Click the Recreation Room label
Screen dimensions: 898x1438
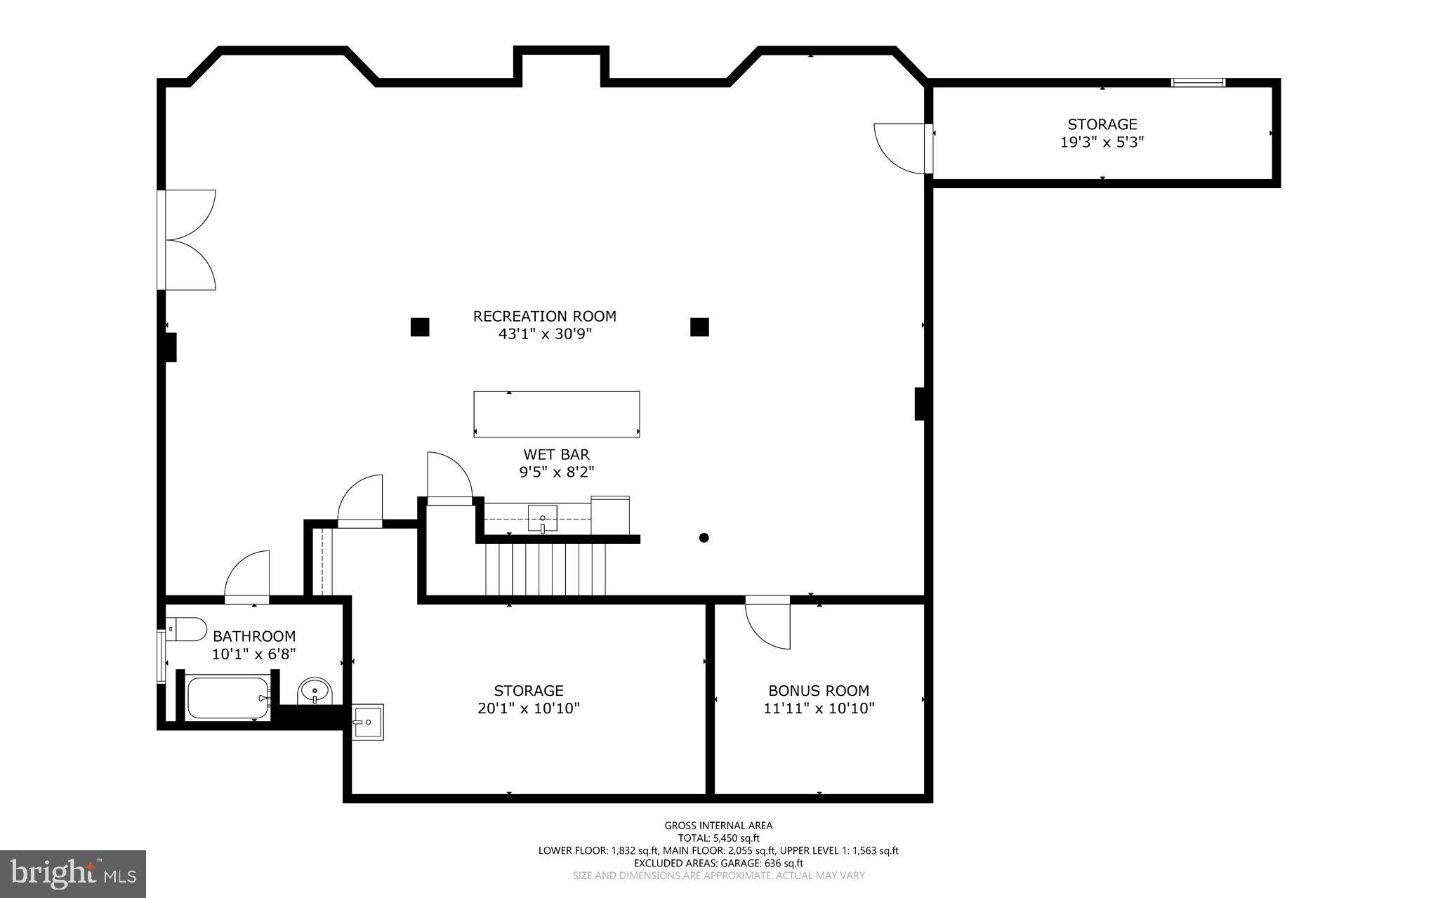coord(544,316)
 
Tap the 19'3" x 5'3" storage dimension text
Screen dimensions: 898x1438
coord(1102,142)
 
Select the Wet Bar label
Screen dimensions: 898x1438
coord(556,454)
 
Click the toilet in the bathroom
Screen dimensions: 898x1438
coord(187,629)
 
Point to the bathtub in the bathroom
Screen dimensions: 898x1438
coord(227,697)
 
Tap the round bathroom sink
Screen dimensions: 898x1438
coord(314,691)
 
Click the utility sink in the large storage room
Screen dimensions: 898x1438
coord(367,721)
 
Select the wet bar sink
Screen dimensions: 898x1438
coord(542,518)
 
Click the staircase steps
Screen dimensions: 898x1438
coord(545,569)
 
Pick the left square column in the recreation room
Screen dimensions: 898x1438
coord(420,327)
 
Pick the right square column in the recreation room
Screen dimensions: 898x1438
coord(699,327)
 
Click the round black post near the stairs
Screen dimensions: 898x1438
coord(704,538)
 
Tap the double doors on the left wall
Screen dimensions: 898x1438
coord(188,239)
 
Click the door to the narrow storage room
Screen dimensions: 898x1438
coord(902,147)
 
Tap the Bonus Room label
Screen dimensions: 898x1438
coord(818,690)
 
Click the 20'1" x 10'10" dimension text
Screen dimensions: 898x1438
coord(528,708)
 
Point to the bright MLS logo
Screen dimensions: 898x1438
coord(72,873)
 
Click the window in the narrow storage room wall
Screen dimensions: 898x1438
coord(1198,83)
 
